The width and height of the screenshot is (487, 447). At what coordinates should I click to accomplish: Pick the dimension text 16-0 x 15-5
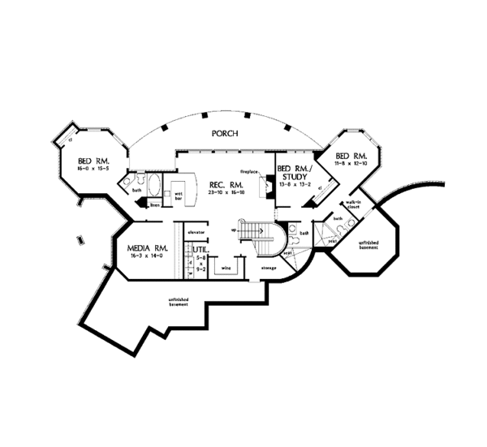tap(93, 168)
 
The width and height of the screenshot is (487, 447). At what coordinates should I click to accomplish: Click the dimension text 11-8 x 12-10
tap(351, 164)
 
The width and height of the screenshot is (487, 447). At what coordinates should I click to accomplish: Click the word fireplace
tap(248, 172)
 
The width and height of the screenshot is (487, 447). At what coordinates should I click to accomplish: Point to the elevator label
tap(196, 233)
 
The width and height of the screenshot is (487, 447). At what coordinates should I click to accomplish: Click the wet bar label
tap(179, 196)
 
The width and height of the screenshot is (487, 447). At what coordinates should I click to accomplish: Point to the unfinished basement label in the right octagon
tap(369, 245)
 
